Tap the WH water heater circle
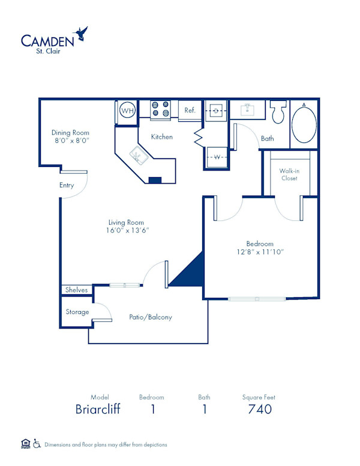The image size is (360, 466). pos(127,110)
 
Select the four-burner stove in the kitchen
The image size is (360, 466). pos(160,109)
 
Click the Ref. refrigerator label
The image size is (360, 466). pos(190,110)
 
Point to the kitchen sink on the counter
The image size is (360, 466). pos(140,157)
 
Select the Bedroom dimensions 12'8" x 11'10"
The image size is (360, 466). pos(259,252)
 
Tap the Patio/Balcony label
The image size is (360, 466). pos(151,317)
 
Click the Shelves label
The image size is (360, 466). pos(77,290)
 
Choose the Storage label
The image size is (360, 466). pos(77,312)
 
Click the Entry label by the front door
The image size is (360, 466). pos(67,186)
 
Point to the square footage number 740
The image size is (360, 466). pos(260,410)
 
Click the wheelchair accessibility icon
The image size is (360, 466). pos(37,444)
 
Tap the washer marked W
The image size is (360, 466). pos(216,157)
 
